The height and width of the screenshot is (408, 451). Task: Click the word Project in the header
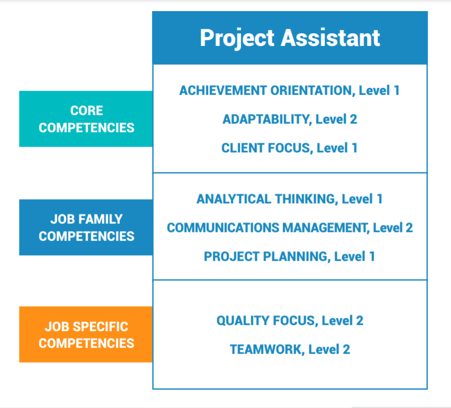click(x=237, y=38)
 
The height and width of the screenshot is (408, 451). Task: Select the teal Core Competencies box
click(x=86, y=119)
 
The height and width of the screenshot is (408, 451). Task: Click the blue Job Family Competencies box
click(x=86, y=227)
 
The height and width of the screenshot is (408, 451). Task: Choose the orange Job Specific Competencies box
click(x=86, y=334)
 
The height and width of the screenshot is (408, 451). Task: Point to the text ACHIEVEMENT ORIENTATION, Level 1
click(x=289, y=91)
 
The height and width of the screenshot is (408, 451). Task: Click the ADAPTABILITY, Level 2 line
click(x=289, y=120)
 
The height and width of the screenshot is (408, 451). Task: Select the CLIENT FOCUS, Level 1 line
click(x=289, y=148)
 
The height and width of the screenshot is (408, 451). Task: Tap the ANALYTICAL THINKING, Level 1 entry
click(x=289, y=199)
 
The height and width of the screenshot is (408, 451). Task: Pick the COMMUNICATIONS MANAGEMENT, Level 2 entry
click(x=289, y=227)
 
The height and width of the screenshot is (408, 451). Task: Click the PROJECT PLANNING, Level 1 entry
click(x=289, y=256)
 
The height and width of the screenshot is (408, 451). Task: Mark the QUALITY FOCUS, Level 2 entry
click(x=289, y=321)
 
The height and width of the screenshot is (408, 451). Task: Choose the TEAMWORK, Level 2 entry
click(x=289, y=349)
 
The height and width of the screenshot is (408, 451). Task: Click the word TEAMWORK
click(x=265, y=349)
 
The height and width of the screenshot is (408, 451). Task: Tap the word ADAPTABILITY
click(x=265, y=120)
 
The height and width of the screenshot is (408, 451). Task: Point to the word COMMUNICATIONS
click(x=223, y=227)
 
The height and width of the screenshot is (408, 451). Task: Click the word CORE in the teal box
click(x=86, y=111)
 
